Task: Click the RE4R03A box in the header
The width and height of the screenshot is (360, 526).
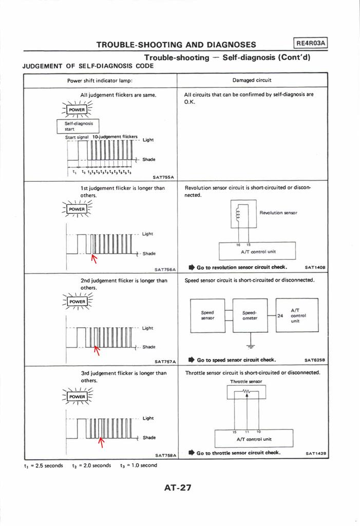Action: click(x=311, y=44)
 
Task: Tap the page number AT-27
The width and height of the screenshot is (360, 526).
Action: click(x=177, y=487)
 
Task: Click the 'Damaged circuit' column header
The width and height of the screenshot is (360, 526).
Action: click(x=252, y=81)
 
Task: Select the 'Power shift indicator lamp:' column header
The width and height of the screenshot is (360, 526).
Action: click(x=100, y=81)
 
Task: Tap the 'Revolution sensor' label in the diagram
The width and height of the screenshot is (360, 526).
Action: click(x=278, y=212)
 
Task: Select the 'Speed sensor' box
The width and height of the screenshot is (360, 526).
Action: click(x=207, y=315)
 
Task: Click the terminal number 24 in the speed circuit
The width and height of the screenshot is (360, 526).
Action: click(x=280, y=316)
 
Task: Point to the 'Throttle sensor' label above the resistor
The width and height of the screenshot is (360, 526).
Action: click(x=246, y=382)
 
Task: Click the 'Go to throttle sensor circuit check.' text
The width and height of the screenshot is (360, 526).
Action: click(x=238, y=453)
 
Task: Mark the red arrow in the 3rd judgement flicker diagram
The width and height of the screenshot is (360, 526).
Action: click(x=101, y=442)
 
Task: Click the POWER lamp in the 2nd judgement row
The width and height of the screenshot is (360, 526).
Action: click(x=77, y=302)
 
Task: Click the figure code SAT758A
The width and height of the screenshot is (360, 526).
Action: click(x=165, y=455)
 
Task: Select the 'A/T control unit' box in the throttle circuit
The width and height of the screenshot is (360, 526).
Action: click(x=254, y=437)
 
